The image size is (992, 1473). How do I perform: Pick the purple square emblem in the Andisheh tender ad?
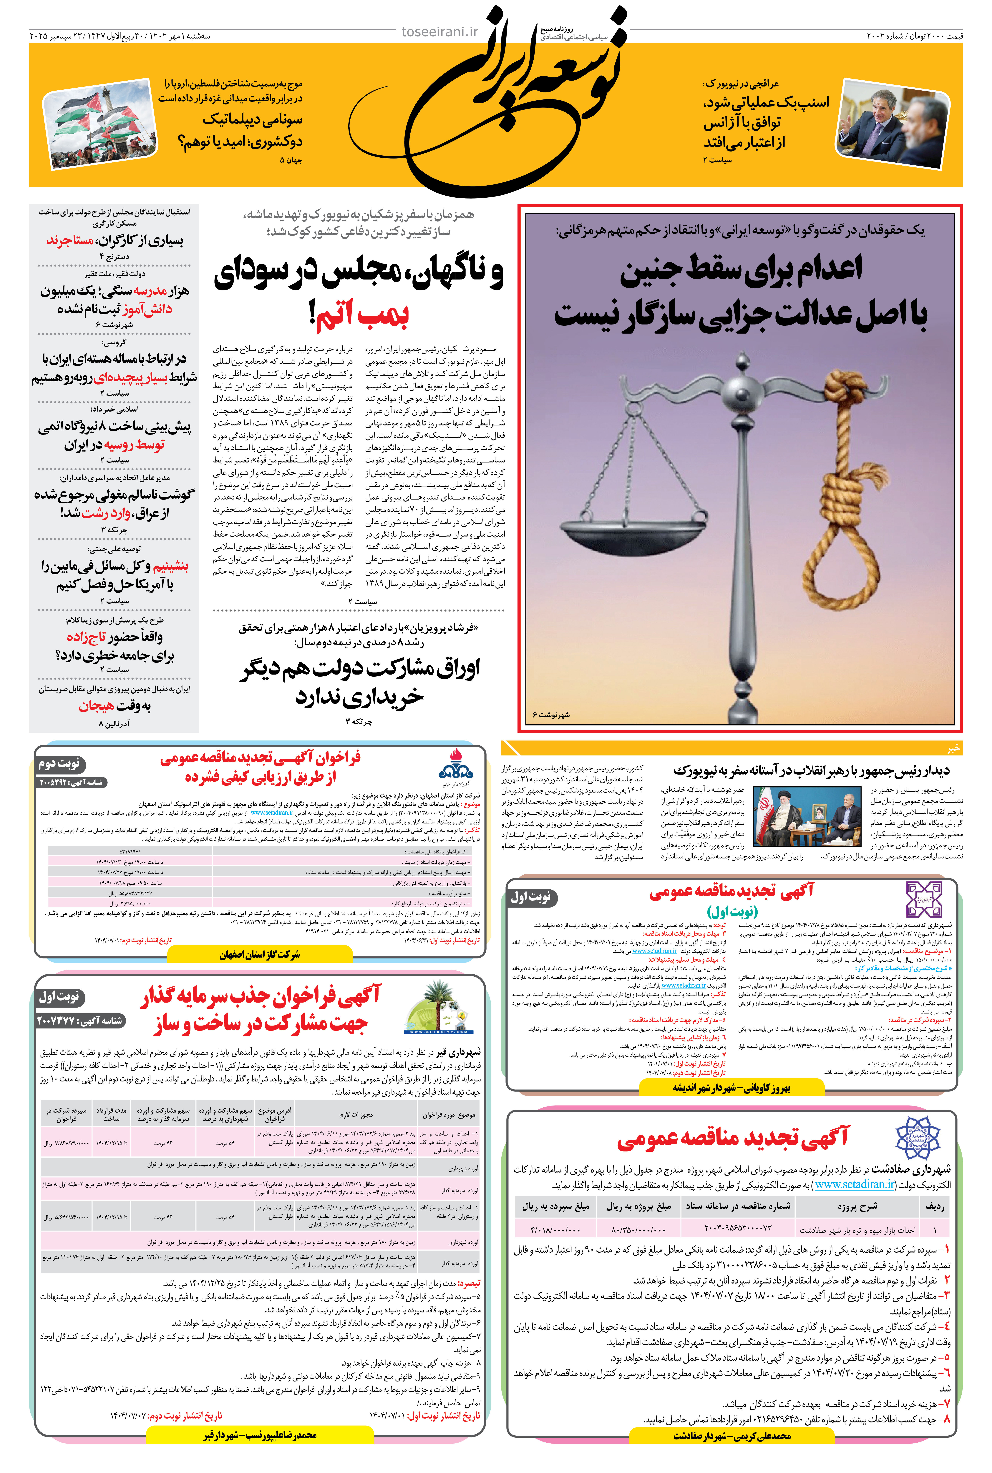click(x=924, y=899)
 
